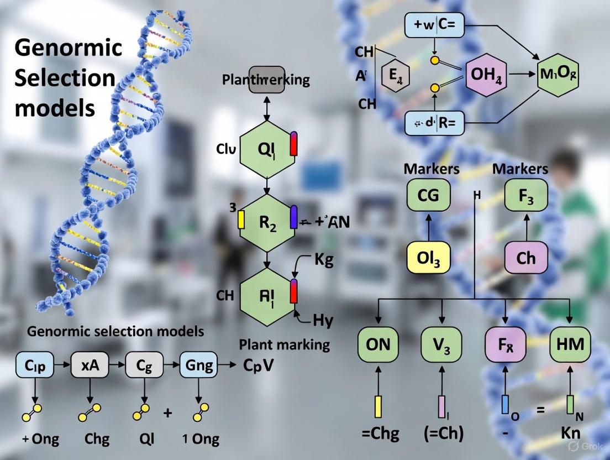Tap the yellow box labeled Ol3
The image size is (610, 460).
(x=428, y=258)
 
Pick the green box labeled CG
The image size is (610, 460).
(x=428, y=195)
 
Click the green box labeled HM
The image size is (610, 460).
(x=570, y=344)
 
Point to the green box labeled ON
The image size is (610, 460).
(x=378, y=344)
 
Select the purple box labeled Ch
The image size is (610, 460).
(x=525, y=258)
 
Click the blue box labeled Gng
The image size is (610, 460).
(x=199, y=365)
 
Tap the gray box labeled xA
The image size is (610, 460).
(x=90, y=365)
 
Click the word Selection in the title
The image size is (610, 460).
(x=65, y=77)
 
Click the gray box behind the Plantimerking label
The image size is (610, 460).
(x=266, y=80)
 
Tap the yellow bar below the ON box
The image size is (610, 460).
(x=378, y=406)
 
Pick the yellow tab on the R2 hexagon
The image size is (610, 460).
(x=241, y=219)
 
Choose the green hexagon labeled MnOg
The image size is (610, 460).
(x=559, y=74)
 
